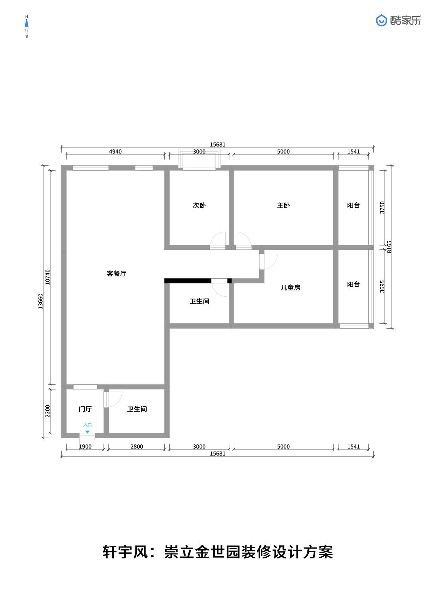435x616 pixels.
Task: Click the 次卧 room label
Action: point(199,205)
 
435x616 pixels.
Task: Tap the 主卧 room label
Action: point(283,205)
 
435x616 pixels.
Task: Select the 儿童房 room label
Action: point(290,288)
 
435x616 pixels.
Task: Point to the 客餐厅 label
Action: point(116,274)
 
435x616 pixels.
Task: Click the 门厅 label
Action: point(85,409)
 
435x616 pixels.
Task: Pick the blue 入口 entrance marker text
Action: point(87,425)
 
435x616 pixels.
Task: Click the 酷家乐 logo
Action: point(399,21)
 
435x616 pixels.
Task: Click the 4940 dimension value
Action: point(115,152)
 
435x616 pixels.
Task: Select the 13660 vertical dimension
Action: point(41,301)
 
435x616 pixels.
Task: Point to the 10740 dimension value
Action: point(48,277)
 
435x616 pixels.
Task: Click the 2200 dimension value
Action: point(48,411)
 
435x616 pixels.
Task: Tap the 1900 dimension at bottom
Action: point(85,447)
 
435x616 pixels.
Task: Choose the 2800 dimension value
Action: point(137,447)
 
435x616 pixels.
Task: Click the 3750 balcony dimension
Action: point(382,208)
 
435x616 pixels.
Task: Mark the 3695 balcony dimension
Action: point(382,287)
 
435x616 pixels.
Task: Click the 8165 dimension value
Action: point(389,247)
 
